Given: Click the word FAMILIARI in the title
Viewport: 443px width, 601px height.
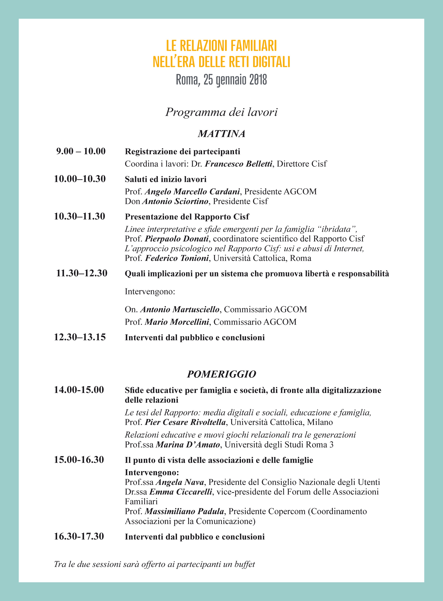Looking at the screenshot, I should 253,46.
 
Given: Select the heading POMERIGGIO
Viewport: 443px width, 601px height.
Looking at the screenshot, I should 221,374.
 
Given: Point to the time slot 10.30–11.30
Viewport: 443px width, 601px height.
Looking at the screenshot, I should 80,216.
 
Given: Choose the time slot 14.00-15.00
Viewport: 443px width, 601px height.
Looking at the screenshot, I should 79,390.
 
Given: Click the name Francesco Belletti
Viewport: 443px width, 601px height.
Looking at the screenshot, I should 238,164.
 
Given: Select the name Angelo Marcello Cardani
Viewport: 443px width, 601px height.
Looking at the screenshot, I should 192,191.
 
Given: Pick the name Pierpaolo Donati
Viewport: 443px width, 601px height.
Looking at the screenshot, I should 177,238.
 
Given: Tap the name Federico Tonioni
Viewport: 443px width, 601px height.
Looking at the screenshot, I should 177,258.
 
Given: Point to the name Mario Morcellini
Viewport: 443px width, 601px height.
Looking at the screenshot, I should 177,322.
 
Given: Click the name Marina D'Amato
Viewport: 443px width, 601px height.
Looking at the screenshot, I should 188,445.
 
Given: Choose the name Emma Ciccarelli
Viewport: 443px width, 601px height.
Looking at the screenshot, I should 181,492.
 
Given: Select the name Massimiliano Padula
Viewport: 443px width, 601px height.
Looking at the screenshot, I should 184,511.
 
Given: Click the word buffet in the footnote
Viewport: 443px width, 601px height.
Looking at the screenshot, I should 245,564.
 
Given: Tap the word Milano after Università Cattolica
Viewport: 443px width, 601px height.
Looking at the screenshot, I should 320,422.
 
